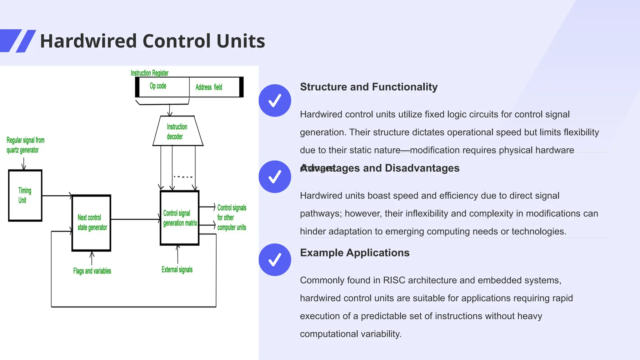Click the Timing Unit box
coord(25,196)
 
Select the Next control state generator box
coord(91,223)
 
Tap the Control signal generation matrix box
coord(180,218)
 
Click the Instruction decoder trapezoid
coord(177,131)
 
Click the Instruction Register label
coord(149,73)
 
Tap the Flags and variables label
coord(92,271)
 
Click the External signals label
coord(177,270)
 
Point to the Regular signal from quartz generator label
coord(26,145)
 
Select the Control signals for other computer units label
coord(232,217)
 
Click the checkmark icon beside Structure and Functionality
coord(275,101)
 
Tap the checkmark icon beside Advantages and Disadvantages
coord(275,177)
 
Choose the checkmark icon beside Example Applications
coord(275,260)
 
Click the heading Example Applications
coord(355,253)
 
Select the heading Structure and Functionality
coord(369,87)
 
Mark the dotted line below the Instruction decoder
coord(183,177)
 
